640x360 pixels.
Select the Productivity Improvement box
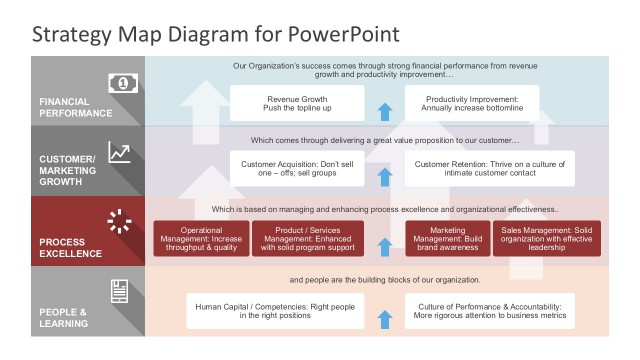[472, 104]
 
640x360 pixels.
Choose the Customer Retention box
[490, 169]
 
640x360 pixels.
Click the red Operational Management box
[201, 239]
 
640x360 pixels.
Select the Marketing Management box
[447, 239]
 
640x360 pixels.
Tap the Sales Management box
[547, 239]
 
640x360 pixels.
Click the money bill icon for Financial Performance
[120, 82]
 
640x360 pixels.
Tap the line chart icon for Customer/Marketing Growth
[120, 152]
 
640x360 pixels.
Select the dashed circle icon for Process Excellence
[120, 221]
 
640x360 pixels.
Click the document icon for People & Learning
[120, 291]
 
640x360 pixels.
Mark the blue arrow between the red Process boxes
[384, 246]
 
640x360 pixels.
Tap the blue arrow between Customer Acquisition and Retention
[384, 176]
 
